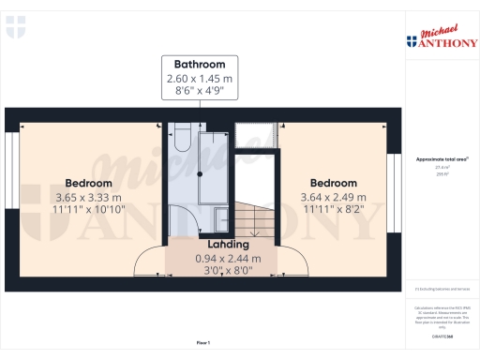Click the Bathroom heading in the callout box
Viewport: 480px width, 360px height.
click(200, 65)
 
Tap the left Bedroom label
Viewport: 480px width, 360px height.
click(88, 183)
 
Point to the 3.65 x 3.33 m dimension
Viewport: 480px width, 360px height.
click(88, 198)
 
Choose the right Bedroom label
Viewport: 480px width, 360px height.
click(334, 183)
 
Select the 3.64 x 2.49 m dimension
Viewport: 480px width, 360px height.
click(334, 198)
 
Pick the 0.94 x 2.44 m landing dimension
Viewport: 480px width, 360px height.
click(228, 259)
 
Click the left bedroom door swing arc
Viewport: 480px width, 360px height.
click(148, 262)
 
